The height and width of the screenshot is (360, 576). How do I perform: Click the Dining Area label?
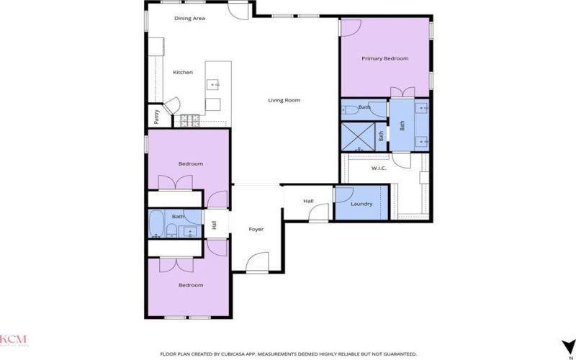click(x=190, y=18)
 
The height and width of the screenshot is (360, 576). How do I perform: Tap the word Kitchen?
click(x=183, y=72)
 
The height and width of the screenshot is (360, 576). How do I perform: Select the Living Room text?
click(x=284, y=100)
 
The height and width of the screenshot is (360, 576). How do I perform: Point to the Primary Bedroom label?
click(x=384, y=58)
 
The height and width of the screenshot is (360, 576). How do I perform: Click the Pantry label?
click(x=156, y=114)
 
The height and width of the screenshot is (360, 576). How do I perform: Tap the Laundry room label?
click(x=361, y=204)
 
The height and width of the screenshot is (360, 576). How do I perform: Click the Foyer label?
click(x=256, y=229)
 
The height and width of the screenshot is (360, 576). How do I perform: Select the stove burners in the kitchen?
click(x=191, y=120)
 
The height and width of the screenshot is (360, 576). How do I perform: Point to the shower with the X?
click(x=358, y=137)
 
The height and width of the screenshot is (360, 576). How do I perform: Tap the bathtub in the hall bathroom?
click(x=156, y=224)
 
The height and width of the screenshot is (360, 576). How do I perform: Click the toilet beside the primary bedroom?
click(x=348, y=110)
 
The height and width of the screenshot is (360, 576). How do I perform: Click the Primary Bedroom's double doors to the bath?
click(x=403, y=91)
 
